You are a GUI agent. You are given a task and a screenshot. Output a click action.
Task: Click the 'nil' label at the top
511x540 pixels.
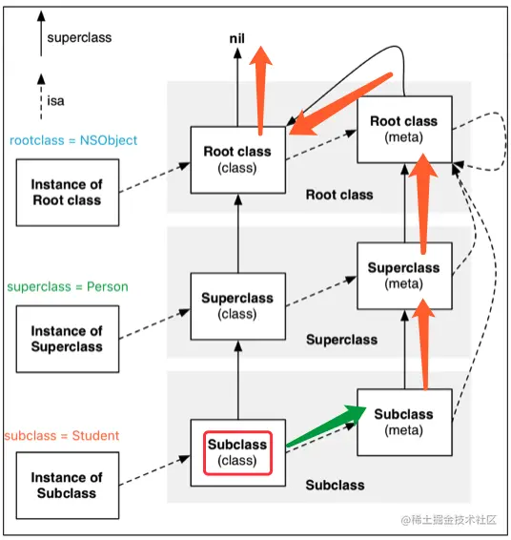(236, 38)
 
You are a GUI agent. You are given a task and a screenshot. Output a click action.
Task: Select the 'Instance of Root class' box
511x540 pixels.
(68, 192)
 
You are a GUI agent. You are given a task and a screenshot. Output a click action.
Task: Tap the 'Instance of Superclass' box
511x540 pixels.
(68, 339)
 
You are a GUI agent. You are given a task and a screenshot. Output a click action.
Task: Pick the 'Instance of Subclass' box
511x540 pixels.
(68, 486)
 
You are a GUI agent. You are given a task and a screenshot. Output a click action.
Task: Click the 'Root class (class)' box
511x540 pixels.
(237, 159)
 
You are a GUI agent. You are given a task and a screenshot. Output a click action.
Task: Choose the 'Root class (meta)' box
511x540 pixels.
(404, 130)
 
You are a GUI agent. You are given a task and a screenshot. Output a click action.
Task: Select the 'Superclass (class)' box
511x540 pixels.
(237, 306)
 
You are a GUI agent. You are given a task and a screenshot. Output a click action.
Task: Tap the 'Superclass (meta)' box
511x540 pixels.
(404, 276)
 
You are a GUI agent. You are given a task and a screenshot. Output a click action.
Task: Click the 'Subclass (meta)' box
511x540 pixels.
(404, 423)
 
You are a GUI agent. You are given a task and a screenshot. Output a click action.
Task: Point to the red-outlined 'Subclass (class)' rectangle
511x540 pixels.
(237, 453)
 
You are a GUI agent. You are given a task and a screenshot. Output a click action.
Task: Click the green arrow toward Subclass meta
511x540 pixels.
(325, 426)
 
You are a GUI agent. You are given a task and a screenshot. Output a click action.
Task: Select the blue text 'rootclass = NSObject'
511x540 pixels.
(73, 140)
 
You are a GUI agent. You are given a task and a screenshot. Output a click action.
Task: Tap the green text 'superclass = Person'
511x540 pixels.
(68, 286)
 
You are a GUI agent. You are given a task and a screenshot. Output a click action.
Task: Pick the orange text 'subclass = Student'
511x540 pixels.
(62, 436)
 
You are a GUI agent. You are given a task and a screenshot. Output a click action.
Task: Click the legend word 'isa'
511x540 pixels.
(55, 101)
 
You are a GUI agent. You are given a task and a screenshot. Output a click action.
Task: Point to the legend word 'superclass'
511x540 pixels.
(79, 38)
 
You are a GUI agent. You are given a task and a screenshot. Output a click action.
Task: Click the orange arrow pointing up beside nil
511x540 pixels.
(260, 91)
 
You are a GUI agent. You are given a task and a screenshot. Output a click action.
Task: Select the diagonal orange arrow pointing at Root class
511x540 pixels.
(340, 104)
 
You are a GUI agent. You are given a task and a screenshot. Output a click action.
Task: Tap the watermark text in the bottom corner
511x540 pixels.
(449, 520)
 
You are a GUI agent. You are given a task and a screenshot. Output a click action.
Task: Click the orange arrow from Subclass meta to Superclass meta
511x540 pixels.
(424, 344)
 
